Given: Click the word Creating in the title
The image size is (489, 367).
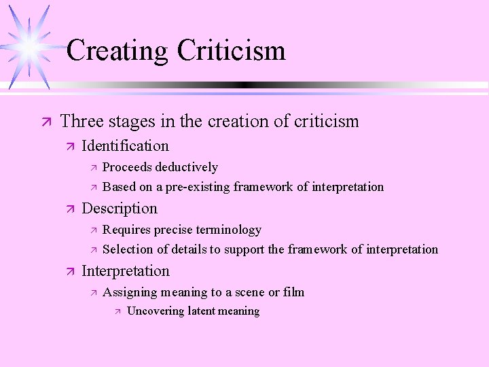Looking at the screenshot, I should pos(117,51).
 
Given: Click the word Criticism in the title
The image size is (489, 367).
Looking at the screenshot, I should pos(231,51).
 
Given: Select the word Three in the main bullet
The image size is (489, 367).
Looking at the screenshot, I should pos(79,122).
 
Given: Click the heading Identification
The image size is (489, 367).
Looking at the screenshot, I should pos(125,145).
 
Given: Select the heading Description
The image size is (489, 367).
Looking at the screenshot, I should pos(119,209).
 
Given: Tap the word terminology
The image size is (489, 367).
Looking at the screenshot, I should pos(229,230).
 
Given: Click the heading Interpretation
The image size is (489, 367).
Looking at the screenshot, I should pos(125,271).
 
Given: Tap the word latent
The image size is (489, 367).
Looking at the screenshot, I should pos(201,311).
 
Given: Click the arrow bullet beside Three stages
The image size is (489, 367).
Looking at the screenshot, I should pos(46,122).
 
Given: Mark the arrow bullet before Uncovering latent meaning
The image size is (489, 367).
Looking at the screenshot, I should pos(117,312).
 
